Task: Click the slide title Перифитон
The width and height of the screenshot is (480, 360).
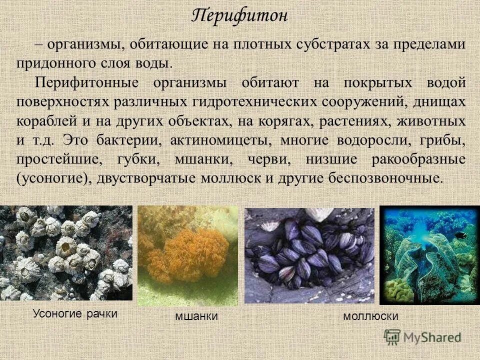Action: point(240,15)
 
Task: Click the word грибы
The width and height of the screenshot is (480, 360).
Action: point(444,140)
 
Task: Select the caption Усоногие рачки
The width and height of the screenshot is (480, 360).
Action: point(75,313)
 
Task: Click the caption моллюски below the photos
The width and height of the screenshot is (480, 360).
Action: point(370,316)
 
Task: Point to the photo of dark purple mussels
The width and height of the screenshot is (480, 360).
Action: point(309,255)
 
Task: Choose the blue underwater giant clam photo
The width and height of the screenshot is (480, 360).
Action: point(429,255)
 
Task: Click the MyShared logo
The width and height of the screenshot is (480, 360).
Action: point(422,337)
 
